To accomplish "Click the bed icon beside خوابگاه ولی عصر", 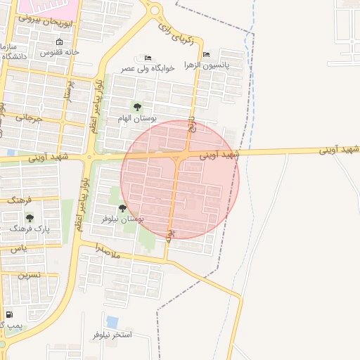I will [x=147, y=58].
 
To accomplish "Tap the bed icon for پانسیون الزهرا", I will [x=205, y=54].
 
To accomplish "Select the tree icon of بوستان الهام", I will [x=136, y=107].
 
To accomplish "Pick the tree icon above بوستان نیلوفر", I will [x=122, y=207].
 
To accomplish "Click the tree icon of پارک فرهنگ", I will [x=30, y=217].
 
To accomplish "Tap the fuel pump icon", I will [x=9, y=314].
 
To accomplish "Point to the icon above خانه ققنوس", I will [x=59, y=41].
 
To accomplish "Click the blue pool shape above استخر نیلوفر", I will [x=112, y=322].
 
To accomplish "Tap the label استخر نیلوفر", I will [x=112, y=335].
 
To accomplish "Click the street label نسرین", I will [x=29, y=275].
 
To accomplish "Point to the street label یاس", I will [x=19, y=248].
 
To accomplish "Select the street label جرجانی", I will [x=28, y=118].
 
